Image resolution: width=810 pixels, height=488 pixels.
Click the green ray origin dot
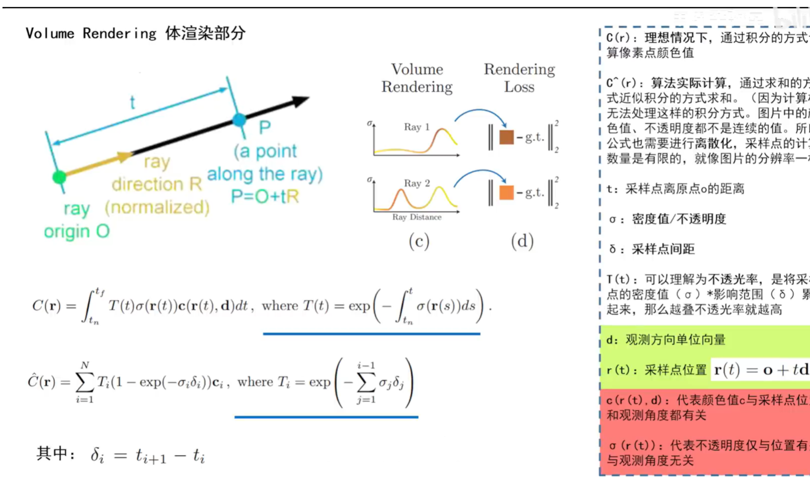[x=59, y=177]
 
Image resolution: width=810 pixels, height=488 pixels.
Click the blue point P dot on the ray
[x=240, y=120]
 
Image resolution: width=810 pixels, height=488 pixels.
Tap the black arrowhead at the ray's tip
[x=300, y=101]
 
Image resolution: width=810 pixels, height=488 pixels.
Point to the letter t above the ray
[x=132, y=103]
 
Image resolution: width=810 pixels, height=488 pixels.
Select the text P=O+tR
[x=265, y=197]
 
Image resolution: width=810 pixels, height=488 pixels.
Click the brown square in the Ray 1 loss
[x=506, y=137]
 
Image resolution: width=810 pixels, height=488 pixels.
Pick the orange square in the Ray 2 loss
[x=506, y=192]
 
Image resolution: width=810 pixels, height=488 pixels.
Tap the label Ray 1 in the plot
[x=416, y=127]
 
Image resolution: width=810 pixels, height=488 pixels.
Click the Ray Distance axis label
[x=416, y=217]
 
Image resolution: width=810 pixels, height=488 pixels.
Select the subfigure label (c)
[x=419, y=242]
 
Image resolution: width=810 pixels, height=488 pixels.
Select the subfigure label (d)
[x=522, y=242]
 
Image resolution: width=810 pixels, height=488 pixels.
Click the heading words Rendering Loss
[x=519, y=78]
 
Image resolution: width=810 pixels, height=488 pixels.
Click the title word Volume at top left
[x=50, y=34]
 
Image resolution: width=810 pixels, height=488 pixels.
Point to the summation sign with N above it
[x=84, y=382]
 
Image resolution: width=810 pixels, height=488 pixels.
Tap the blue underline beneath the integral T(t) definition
[x=371, y=334]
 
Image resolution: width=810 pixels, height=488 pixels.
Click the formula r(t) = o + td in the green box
[x=760, y=370]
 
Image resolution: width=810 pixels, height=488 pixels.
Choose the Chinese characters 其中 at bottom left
[x=52, y=454]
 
